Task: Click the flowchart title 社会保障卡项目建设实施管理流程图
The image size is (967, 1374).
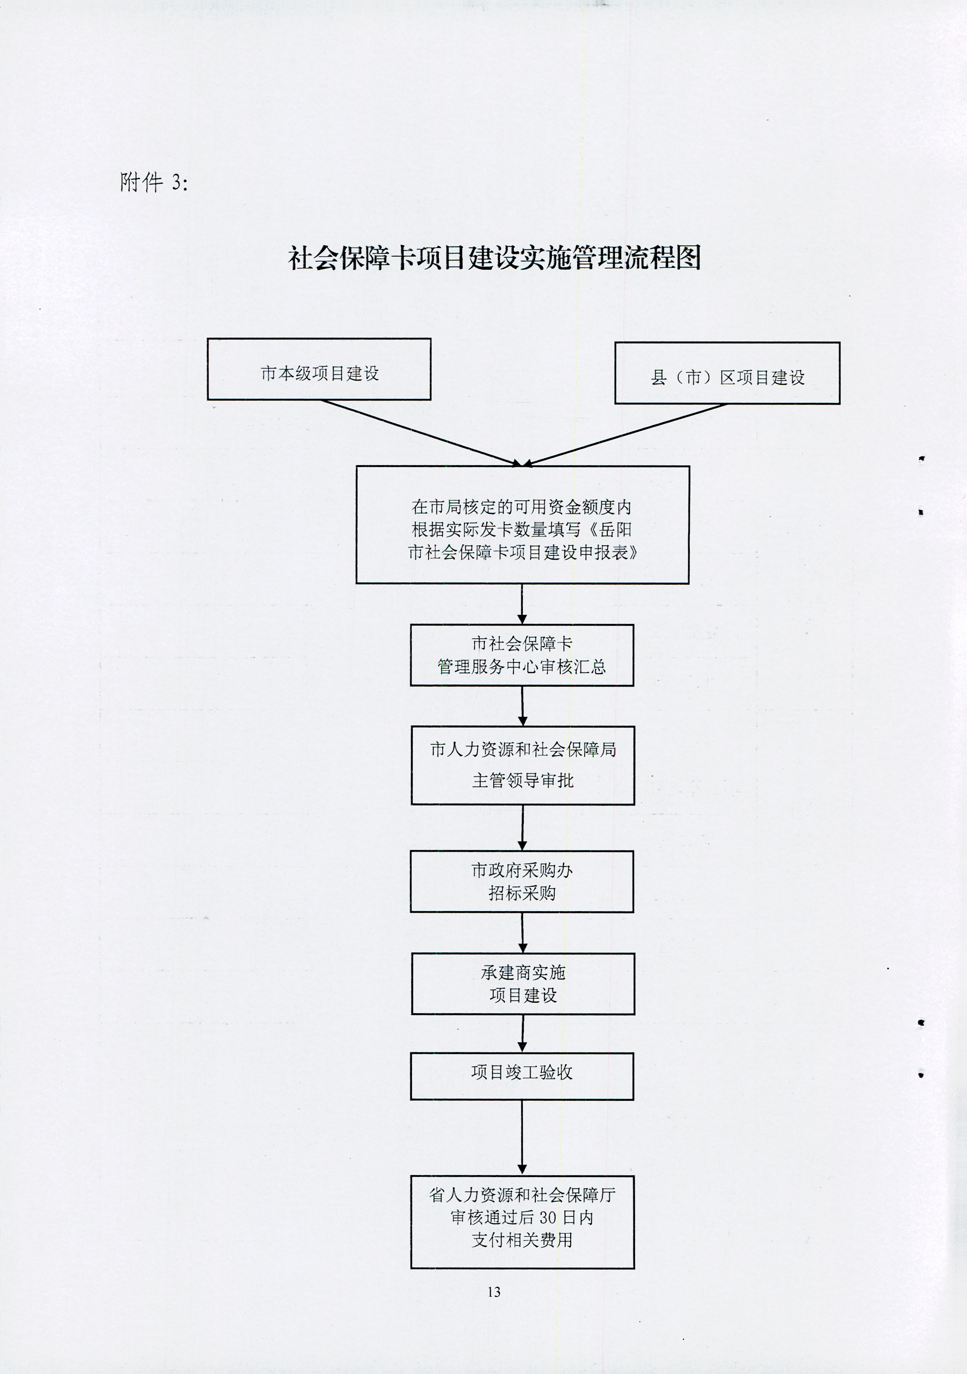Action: click(494, 258)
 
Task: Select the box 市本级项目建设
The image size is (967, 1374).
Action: click(319, 369)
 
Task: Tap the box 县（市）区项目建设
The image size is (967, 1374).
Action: click(727, 373)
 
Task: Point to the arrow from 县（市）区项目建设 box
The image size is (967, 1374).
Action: click(625, 434)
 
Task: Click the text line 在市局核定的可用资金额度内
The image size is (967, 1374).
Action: click(521, 507)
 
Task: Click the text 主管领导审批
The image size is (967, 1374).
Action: click(522, 780)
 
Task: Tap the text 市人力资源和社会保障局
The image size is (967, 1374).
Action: click(522, 749)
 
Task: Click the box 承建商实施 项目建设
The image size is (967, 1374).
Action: click(523, 984)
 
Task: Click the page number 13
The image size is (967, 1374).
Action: click(494, 1292)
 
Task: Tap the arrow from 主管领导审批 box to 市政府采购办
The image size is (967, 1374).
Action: click(522, 828)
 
